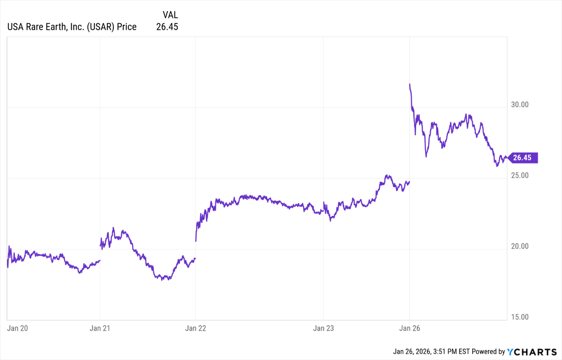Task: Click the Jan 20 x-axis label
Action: pos(17,328)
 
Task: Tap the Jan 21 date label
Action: pos(100,328)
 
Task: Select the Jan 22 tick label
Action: pos(195,328)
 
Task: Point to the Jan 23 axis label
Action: pos(323,328)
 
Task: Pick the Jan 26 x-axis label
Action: pos(410,328)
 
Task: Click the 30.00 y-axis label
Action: pos(520,105)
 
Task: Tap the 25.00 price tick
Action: pos(520,175)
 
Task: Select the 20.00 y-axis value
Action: pos(520,246)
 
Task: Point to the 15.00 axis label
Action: pos(520,317)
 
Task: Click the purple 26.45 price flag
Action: pos(522,158)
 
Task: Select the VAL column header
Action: pos(170,15)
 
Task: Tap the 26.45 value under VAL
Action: pos(167,27)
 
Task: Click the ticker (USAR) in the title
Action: pos(101,27)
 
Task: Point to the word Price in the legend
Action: pos(127,27)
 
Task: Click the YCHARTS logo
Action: pos(532,352)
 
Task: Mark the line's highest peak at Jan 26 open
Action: pos(410,84)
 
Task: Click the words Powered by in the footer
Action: pos(488,352)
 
